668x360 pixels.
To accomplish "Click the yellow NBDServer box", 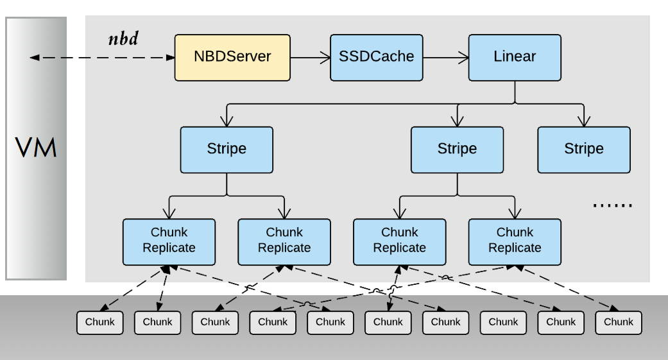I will [232, 57].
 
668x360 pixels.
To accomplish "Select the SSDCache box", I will [377, 57].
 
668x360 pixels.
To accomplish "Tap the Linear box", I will [515, 57].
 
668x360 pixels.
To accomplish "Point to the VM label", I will [37, 148].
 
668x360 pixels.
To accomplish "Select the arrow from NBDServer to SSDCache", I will [310, 57].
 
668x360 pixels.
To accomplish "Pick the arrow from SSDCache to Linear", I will [445, 57].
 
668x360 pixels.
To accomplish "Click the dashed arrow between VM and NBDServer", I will [103, 58].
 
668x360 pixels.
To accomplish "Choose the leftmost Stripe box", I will [227, 150].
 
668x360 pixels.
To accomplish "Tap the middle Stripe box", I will [457, 150].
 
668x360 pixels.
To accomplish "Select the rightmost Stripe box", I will [584, 150].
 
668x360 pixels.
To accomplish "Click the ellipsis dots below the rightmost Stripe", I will [612, 205].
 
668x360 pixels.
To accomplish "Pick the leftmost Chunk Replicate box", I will [169, 241].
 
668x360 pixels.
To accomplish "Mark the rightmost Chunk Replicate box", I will [515, 241].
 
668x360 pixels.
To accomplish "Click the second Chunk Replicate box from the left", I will [284, 241].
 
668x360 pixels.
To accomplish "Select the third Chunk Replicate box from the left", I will [399, 241].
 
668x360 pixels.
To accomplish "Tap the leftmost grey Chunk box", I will [100, 322].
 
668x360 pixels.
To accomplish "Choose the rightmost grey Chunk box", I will [619, 322].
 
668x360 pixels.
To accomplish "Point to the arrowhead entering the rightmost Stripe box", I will [584, 122].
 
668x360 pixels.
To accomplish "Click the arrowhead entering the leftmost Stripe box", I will [227, 122].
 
